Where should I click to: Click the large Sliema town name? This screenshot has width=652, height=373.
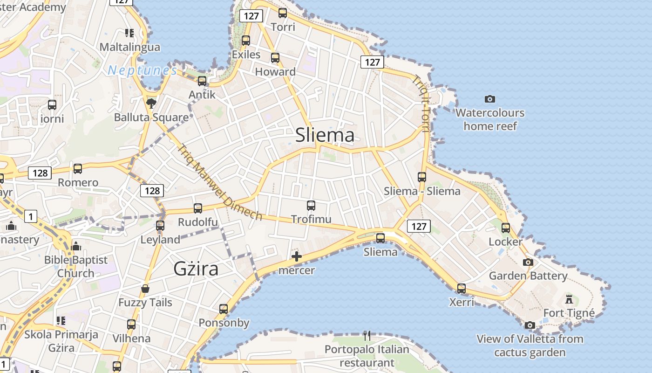pyautogui.click(x=325, y=135)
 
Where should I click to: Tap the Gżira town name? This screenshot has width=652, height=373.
pyautogui.click(x=196, y=269)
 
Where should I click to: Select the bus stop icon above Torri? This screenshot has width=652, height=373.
pyautogui.click(x=283, y=13)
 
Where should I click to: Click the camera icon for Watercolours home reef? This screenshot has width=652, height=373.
pyautogui.click(x=489, y=99)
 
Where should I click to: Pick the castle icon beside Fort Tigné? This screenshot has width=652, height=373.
pyautogui.click(x=569, y=299)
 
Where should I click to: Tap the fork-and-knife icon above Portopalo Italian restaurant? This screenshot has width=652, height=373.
pyautogui.click(x=367, y=335)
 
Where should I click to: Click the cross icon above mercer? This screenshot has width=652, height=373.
pyautogui.click(x=296, y=256)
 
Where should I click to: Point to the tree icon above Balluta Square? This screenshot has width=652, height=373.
pyautogui.click(x=151, y=103)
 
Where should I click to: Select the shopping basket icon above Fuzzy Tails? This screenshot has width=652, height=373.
pyautogui.click(x=145, y=289)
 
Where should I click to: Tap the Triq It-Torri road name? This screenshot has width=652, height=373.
pyautogui.click(x=421, y=104)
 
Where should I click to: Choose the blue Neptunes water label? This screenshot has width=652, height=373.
pyautogui.click(x=143, y=70)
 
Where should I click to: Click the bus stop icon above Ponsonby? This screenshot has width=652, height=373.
pyautogui.click(x=224, y=309)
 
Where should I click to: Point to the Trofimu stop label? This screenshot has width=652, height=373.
pyautogui.click(x=311, y=219)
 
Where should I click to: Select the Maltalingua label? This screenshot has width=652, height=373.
pyautogui.click(x=130, y=47)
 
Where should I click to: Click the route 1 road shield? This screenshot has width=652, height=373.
pyautogui.click(x=30, y=216)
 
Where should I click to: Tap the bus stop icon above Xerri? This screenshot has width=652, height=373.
pyautogui.click(x=461, y=288)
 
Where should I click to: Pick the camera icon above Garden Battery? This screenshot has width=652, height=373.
pyautogui.click(x=528, y=262)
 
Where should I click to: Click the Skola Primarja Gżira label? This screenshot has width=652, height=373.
pyautogui.click(x=61, y=341)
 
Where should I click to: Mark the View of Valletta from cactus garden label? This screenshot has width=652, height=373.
pyautogui.click(x=530, y=345)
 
